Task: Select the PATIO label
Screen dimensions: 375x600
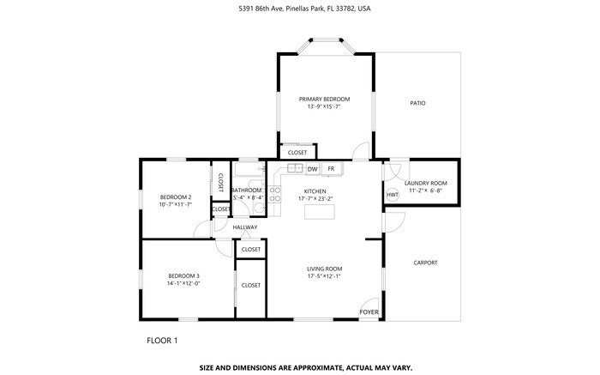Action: [417, 103]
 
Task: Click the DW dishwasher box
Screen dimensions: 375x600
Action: [313, 169]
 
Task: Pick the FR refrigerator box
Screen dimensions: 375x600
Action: [331, 169]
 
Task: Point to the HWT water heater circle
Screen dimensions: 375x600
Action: [393, 195]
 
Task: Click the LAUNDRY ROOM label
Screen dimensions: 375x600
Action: [426, 183]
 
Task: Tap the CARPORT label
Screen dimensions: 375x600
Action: [425, 263]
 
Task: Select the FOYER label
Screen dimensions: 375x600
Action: [369, 312]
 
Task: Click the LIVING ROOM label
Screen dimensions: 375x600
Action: [325, 269]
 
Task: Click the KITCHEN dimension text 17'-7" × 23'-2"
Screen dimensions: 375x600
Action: [315, 198]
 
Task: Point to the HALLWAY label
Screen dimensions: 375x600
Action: [245, 227]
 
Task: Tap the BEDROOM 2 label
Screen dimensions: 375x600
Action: [175, 197]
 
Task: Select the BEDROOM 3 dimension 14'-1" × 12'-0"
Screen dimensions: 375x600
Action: [183, 283]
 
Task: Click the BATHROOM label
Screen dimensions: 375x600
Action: [246, 190]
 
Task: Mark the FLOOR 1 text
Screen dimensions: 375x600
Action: [163, 341]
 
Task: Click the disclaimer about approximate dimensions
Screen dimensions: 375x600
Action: [306, 366]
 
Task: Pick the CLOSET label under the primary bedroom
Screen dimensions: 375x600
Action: [297, 153]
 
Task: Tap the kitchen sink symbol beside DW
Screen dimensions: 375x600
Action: [296, 169]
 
